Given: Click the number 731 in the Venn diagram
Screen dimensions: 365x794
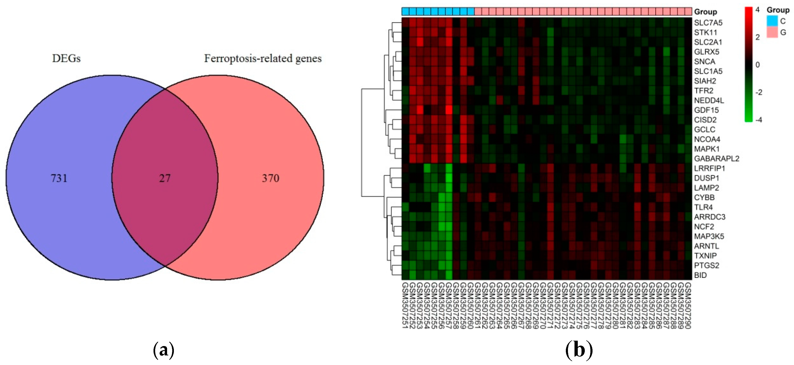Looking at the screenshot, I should click(59, 178).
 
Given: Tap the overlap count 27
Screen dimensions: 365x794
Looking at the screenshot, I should click(165, 178).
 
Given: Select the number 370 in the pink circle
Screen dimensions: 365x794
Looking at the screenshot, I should click(270, 178).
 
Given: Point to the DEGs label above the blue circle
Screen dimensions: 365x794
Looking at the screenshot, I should click(66, 58).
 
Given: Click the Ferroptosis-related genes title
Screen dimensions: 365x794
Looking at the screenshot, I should click(263, 58).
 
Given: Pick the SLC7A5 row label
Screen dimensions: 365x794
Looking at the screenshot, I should click(708, 22).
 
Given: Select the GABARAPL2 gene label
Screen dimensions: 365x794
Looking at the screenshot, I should click(716, 159).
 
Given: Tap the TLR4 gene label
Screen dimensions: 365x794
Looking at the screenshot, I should click(703, 207).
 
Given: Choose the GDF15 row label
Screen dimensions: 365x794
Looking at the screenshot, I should click(706, 110).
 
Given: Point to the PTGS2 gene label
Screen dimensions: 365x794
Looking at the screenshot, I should click(706, 265).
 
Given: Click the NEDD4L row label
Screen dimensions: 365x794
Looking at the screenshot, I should click(709, 100).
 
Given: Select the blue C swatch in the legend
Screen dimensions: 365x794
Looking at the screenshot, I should click(772, 21).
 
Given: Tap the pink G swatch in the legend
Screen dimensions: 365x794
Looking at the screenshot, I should click(772, 32).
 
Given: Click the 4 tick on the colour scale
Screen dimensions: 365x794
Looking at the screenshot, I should click(757, 10).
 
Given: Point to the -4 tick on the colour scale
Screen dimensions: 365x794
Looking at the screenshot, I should click(759, 119).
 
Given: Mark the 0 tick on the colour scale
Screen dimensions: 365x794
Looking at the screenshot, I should click(757, 65).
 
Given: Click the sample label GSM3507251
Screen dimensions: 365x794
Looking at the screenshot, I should click(405, 306).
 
